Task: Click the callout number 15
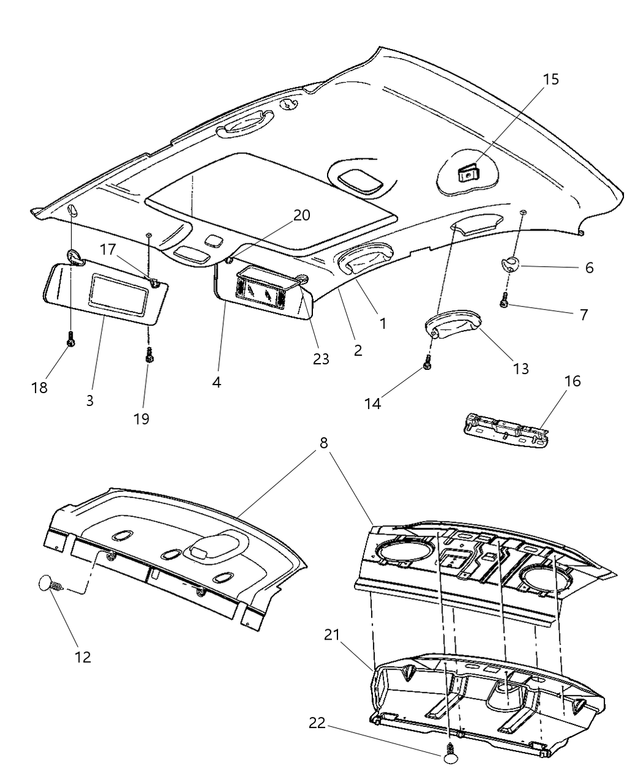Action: click(x=550, y=80)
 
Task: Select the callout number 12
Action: click(x=82, y=657)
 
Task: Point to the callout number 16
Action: click(x=572, y=381)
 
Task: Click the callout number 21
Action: click(x=333, y=635)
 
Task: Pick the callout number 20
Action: click(x=301, y=215)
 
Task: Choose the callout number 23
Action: click(x=321, y=358)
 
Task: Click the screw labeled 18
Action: click(x=71, y=339)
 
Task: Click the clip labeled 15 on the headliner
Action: click(x=469, y=174)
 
